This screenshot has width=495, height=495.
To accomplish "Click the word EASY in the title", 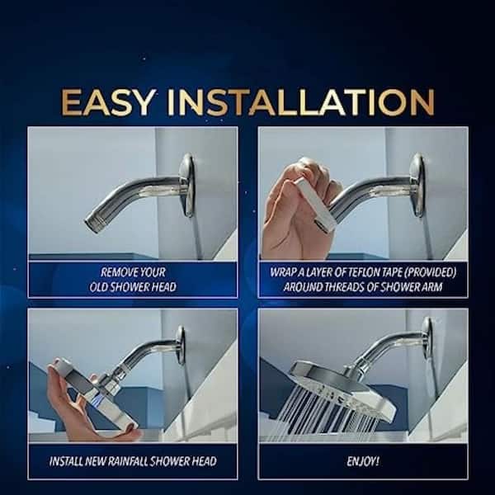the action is point(108,102).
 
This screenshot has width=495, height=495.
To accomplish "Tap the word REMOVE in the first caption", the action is point(115,272).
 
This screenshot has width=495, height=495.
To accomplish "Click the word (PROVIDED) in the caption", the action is point(430,272).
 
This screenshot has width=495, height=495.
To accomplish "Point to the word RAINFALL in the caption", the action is point(128,461).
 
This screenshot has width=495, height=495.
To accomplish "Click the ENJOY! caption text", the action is point(363,461).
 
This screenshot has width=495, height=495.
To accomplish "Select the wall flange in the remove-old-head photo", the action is point(187,185).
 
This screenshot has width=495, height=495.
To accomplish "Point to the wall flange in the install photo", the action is point(181,345).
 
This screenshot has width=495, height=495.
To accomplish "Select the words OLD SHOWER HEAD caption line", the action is point(133,287).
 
